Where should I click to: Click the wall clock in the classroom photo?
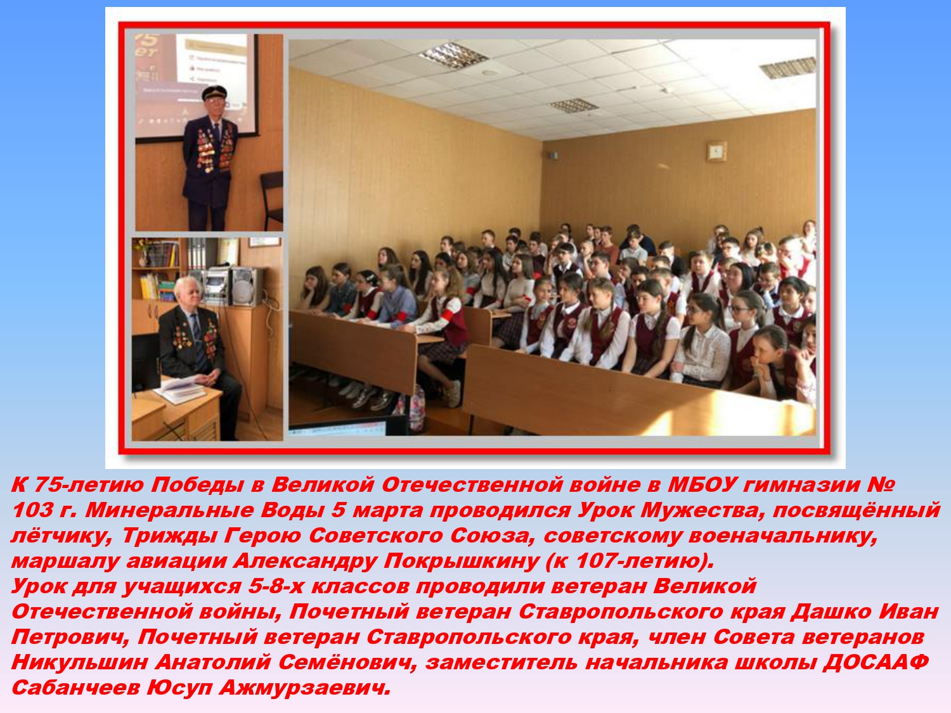coord(716,151)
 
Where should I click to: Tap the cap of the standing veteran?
coord(214,92)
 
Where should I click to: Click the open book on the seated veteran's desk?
coord(180,390)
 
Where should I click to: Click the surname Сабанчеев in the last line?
coord(76,688)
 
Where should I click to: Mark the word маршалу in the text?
coord(65,562)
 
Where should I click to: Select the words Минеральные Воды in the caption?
coord(205,510)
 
